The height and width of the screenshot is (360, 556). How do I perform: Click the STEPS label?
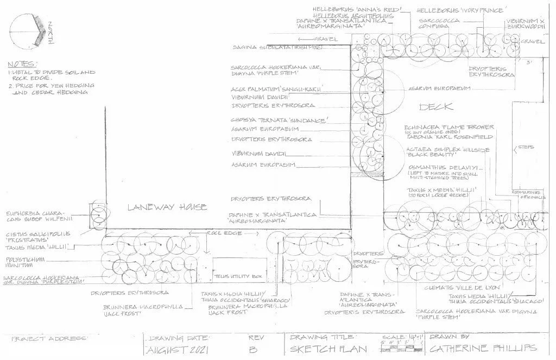coord(526,147)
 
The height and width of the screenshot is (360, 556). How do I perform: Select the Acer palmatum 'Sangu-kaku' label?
coord(279,88)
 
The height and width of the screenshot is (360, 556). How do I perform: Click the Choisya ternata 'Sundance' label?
coord(279,119)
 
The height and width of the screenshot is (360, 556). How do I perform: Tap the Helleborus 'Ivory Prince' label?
coord(461,10)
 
